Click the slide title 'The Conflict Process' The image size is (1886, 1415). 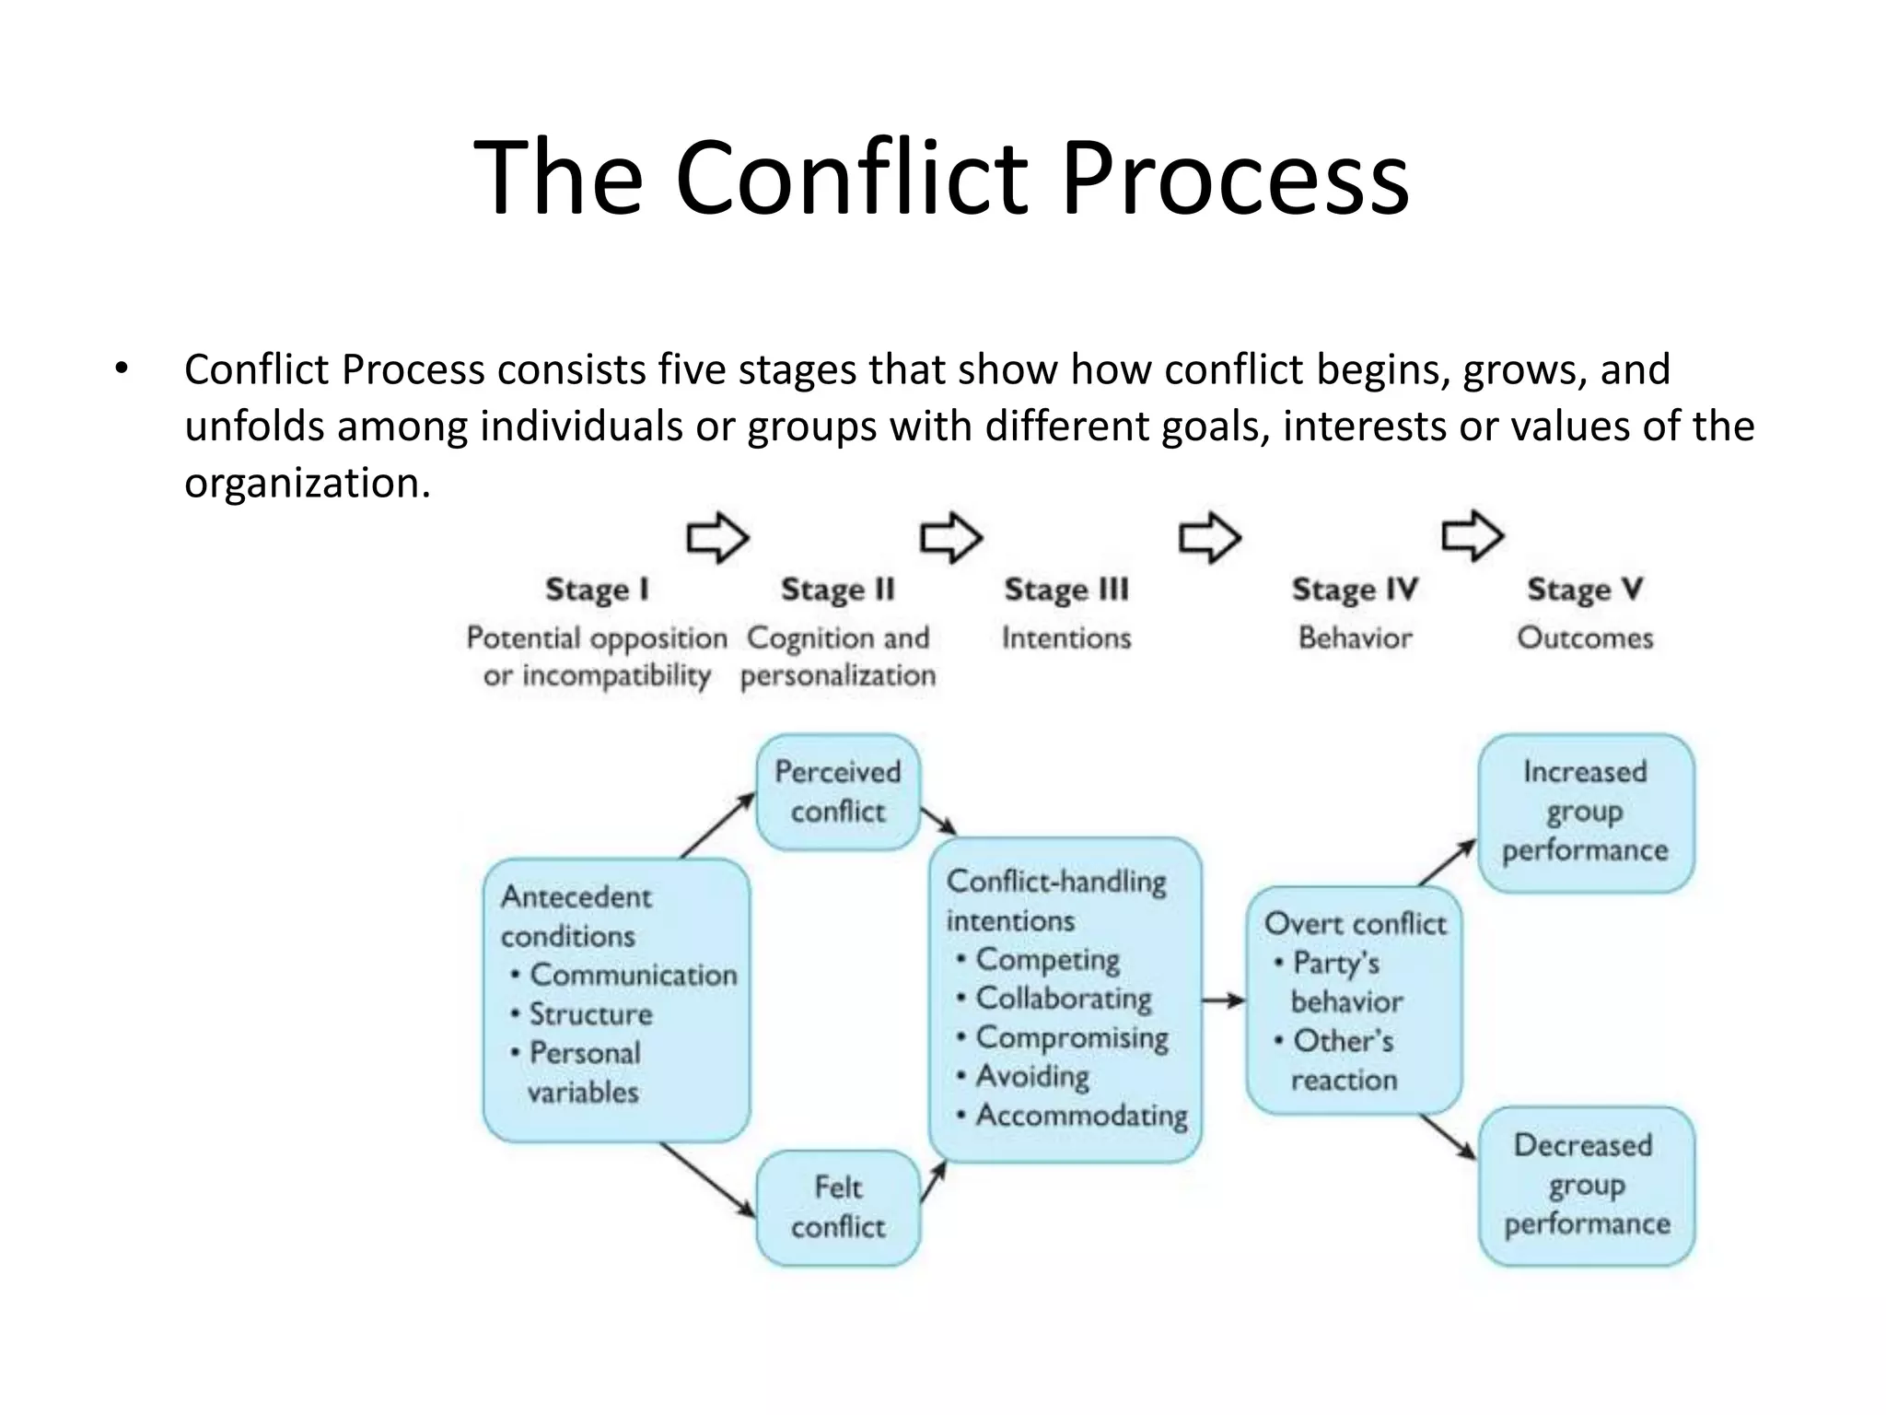pyautogui.click(x=941, y=177)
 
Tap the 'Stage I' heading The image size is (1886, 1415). pyautogui.click(x=597, y=590)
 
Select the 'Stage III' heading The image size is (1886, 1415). pyautogui.click(x=1065, y=590)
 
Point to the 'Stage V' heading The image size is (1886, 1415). pyautogui.click(x=1585, y=590)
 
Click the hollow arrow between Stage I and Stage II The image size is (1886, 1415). pyautogui.click(x=717, y=537)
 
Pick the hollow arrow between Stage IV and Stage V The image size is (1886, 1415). pyautogui.click(x=1472, y=535)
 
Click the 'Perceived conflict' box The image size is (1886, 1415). pyautogui.click(x=838, y=791)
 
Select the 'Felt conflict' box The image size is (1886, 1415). pyautogui.click(x=838, y=1207)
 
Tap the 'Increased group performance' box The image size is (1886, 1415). pyautogui.click(x=1586, y=812)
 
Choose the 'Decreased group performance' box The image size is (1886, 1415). pyautogui.click(x=1586, y=1185)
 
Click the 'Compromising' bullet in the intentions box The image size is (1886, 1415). pyautogui.click(x=1071, y=1037)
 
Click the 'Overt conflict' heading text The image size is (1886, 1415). pyautogui.click(x=1355, y=923)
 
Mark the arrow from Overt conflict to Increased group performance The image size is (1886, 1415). pyautogui.click(x=1447, y=862)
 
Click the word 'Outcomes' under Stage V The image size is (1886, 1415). pyautogui.click(x=1585, y=637)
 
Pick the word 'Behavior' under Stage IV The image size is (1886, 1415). pyautogui.click(x=1355, y=637)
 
